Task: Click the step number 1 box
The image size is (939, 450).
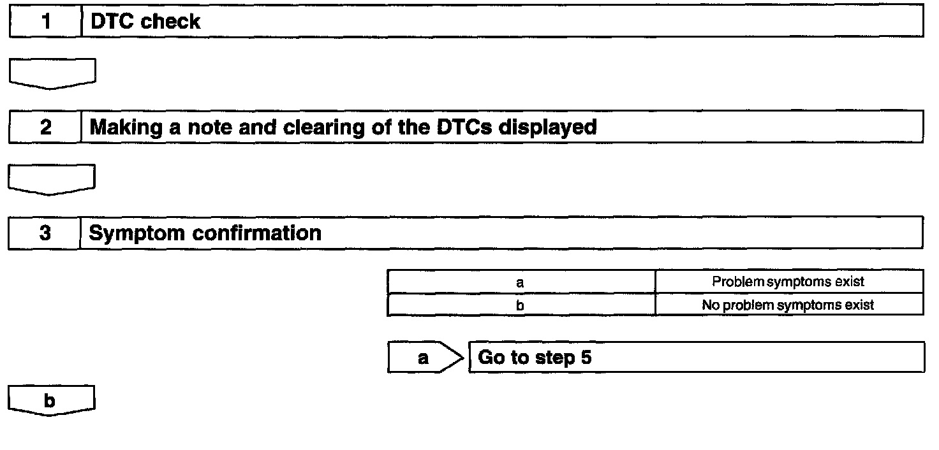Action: [45, 22]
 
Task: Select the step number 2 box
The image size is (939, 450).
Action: [45, 127]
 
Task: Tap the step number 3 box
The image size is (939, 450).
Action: [45, 233]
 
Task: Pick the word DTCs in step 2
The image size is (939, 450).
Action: [463, 127]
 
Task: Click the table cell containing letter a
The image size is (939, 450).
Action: [521, 282]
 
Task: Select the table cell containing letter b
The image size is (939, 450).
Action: [521, 305]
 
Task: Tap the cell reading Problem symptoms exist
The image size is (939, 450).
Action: [788, 282]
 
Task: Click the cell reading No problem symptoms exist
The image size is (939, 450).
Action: [788, 305]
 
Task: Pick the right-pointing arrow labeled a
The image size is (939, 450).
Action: [424, 358]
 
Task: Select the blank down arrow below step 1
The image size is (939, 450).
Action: [52, 73]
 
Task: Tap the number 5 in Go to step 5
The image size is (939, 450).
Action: [586, 357]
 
